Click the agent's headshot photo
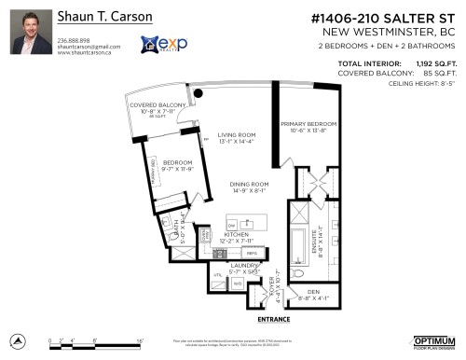[x=29, y=32]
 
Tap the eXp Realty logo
[x=159, y=44]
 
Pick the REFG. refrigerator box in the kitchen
[x=251, y=254]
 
